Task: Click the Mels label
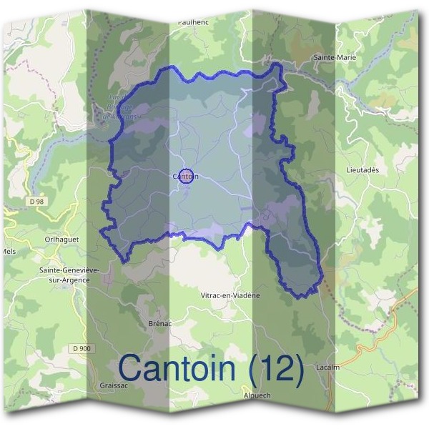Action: click(8, 252)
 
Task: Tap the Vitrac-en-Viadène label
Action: click(230, 295)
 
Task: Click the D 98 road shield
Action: click(37, 202)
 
